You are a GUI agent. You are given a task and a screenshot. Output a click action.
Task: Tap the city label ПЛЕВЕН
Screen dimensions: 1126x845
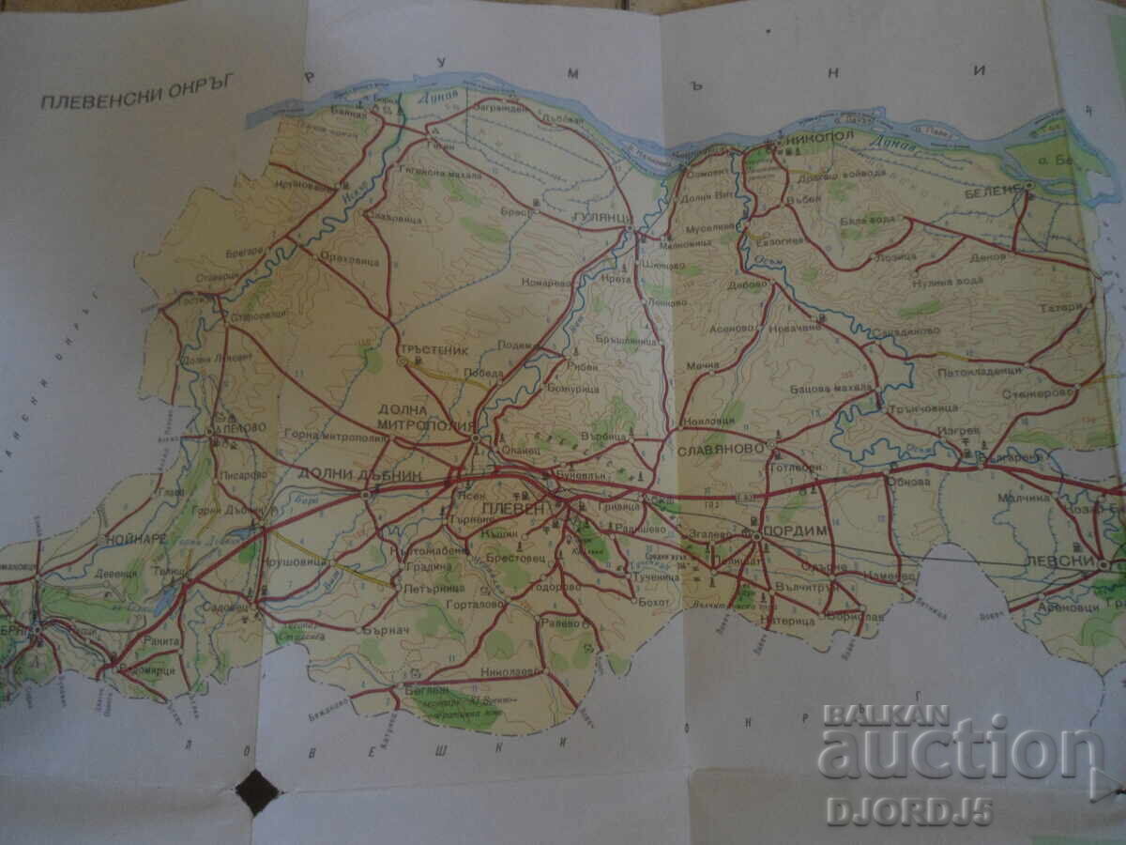click(x=513, y=508)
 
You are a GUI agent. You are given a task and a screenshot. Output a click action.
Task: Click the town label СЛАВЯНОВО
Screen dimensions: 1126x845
click(x=721, y=451)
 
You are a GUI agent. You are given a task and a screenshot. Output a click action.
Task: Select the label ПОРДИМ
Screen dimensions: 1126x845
click(x=797, y=530)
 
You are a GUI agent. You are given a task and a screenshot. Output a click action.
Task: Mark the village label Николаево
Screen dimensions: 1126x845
click(x=512, y=672)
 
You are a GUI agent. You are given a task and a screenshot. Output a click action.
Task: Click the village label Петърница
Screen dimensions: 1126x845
click(x=434, y=589)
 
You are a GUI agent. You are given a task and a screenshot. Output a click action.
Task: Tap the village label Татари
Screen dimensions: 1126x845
click(x=1075, y=306)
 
